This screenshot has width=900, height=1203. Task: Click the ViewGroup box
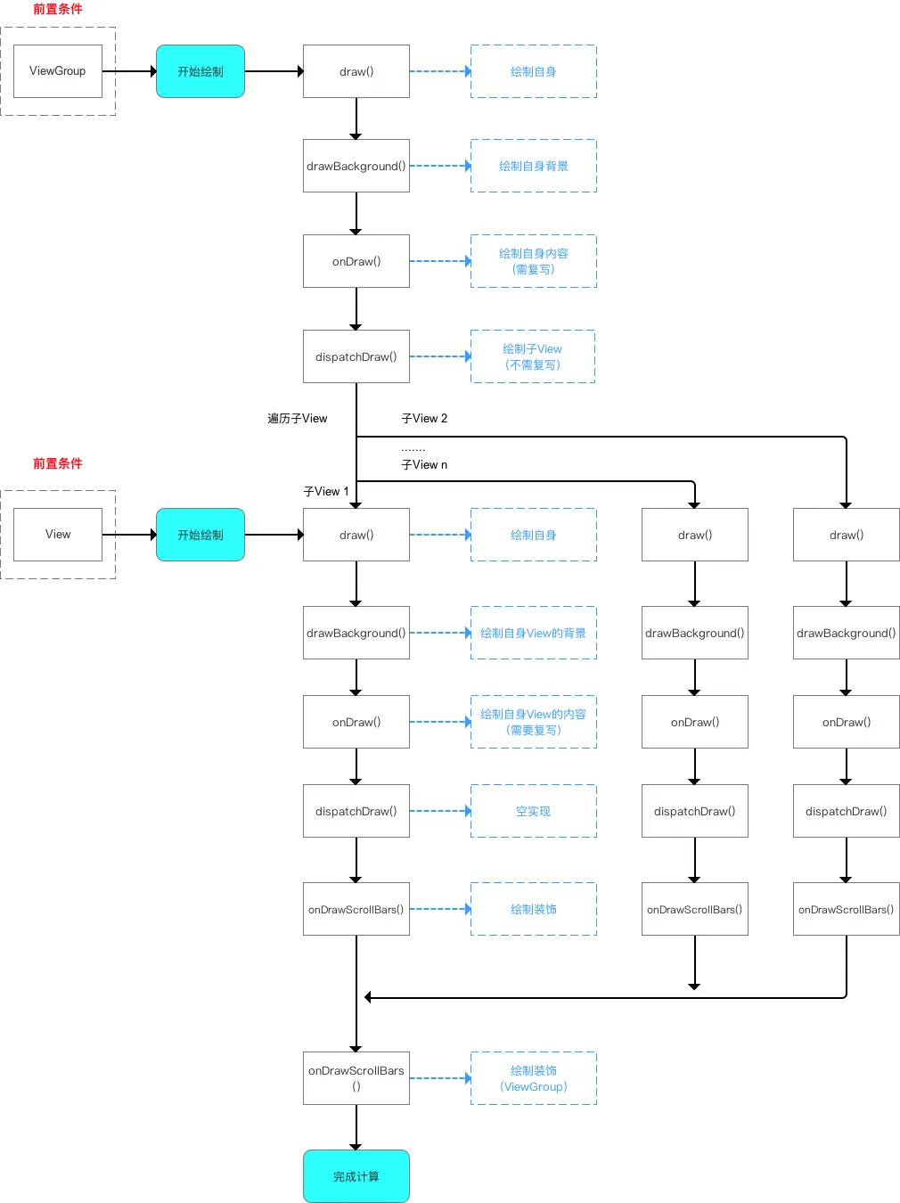(x=58, y=71)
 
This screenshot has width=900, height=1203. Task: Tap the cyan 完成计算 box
(x=356, y=1176)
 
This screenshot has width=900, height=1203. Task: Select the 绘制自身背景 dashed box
(x=533, y=166)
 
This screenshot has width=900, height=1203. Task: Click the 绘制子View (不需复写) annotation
(x=532, y=356)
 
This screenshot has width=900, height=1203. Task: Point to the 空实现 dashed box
(x=533, y=811)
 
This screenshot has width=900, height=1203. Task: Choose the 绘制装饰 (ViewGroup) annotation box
(x=533, y=1078)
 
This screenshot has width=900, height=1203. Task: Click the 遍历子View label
(x=298, y=419)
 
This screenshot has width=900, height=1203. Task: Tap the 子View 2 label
(x=424, y=419)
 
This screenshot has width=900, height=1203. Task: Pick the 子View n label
(x=424, y=465)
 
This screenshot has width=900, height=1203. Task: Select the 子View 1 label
(x=326, y=492)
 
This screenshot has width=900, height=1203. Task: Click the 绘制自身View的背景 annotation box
(x=533, y=633)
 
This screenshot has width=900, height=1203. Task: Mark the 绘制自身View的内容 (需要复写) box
(x=533, y=722)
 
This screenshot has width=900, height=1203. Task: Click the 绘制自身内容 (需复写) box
(x=533, y=261)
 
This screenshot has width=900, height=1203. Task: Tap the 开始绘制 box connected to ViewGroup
(x=200, y=71)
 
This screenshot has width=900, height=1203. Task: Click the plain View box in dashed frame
(x=58, y=535)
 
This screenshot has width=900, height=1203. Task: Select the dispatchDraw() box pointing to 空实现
(x=356, y=811)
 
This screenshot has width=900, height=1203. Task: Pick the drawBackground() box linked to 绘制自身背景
(x=356, y=166)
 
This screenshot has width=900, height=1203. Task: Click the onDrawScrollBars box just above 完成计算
(x=356, y=1078)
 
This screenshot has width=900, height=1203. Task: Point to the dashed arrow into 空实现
(x=440, y=811)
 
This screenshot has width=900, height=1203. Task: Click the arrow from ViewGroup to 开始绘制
(x=129, y=71)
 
